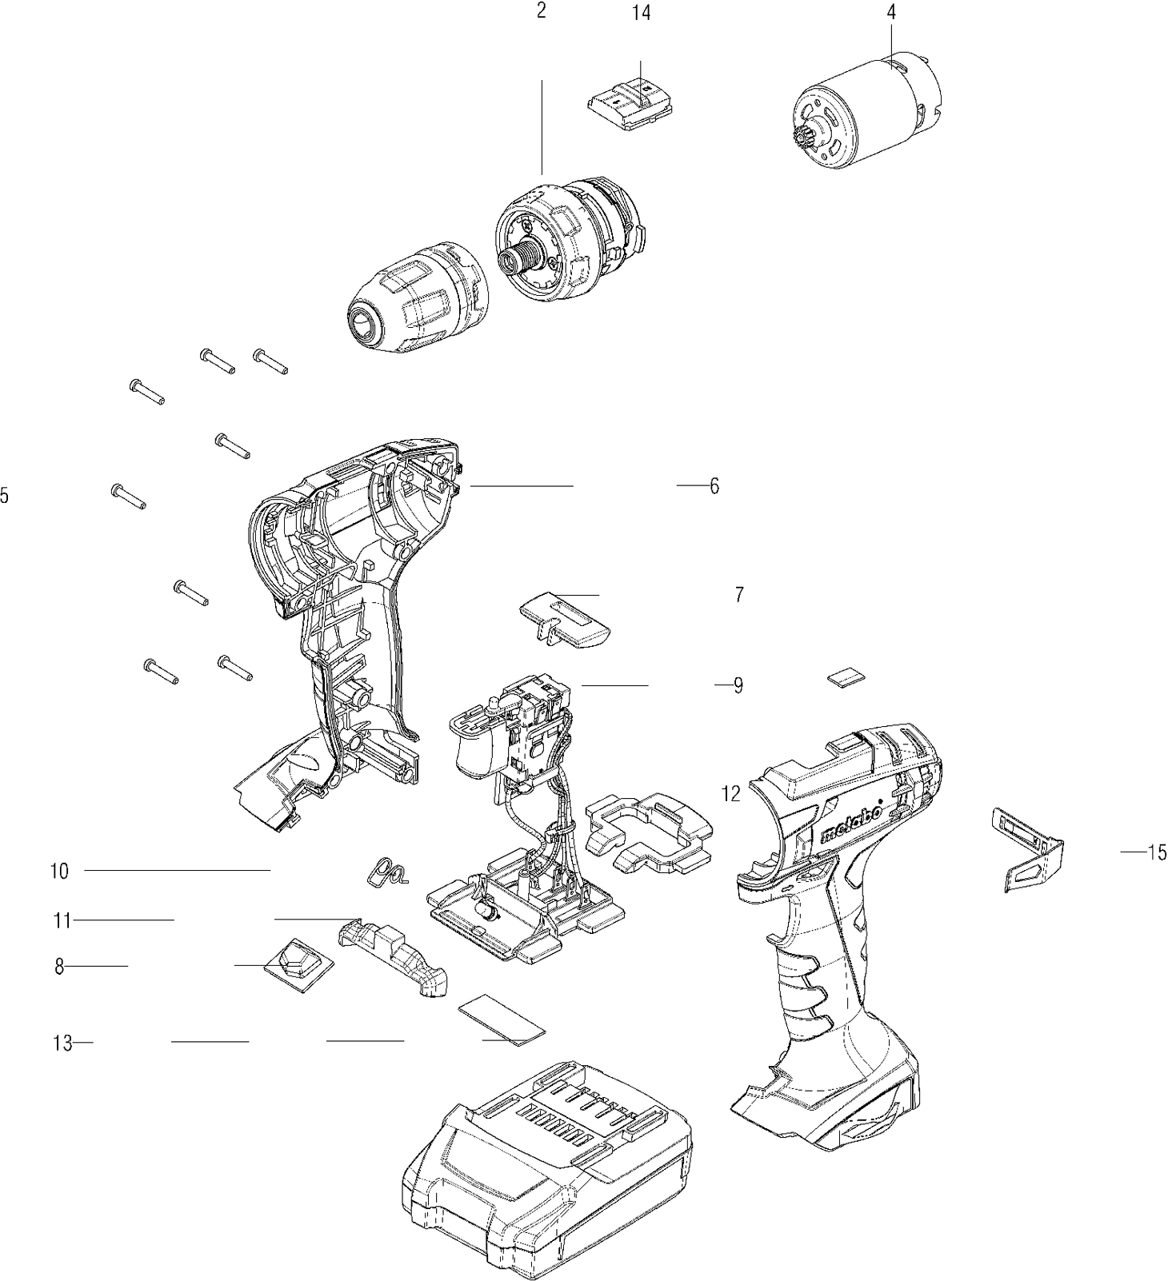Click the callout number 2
542,13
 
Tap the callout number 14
640,13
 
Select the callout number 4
891,13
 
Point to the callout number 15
1157,852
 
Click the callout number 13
62,1043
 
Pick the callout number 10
60,871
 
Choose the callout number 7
738,595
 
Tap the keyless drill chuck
418,297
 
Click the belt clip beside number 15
1032,850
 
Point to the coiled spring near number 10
390,871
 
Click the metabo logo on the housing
853,823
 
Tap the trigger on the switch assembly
477,751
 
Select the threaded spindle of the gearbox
517,260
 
